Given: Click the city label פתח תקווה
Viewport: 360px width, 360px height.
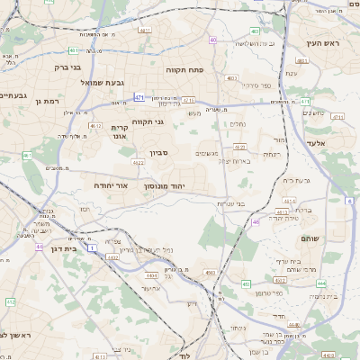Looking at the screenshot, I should [185, 67].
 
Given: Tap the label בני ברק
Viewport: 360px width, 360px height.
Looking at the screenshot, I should [62, 67].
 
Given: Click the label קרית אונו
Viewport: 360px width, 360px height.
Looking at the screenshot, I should [120, 133].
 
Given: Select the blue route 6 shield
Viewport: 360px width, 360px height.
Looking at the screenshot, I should [349, 201].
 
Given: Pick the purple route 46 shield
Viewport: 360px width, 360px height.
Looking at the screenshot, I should [256, 221].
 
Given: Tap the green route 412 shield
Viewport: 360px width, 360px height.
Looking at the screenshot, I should [9, 302].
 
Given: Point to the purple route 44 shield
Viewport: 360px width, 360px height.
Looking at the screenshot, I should [40, 247].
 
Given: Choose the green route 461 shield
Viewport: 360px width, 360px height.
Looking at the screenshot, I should [27, 156].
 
